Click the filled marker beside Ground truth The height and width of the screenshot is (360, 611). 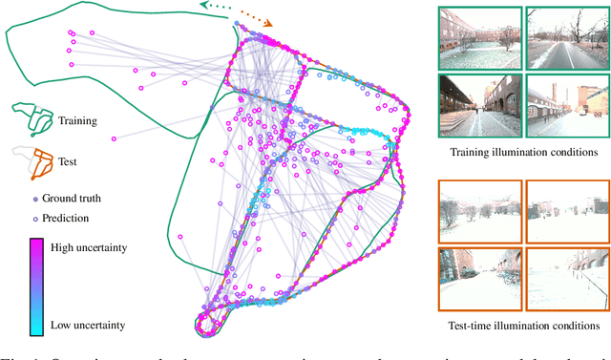click(x=35, y=200)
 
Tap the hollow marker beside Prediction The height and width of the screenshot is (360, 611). click(x=35, y=218)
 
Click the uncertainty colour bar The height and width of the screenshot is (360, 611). click(x=34, y=286)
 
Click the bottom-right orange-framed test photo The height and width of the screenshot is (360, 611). click(x=563, y=279)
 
